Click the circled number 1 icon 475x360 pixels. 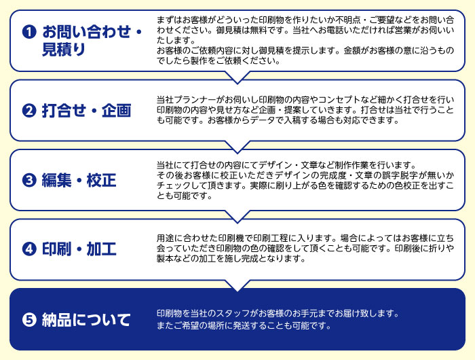29,32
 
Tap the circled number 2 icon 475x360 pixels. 29,111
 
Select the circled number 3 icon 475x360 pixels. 29,180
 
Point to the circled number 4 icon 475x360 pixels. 29,249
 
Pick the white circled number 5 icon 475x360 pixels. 29,320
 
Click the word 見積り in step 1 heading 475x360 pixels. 64,50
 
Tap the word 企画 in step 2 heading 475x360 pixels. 116,111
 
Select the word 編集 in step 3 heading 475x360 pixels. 56,180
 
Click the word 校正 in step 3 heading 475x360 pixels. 102,180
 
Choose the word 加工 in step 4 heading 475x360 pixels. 102,249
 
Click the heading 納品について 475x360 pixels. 86,320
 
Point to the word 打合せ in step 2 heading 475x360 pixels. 64,111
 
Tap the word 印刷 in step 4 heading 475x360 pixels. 56,249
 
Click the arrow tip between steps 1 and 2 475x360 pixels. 237,84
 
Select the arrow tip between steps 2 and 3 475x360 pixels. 237,153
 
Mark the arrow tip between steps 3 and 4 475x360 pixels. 237,222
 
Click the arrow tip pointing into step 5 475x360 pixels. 237,291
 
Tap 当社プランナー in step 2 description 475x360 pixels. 187,99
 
